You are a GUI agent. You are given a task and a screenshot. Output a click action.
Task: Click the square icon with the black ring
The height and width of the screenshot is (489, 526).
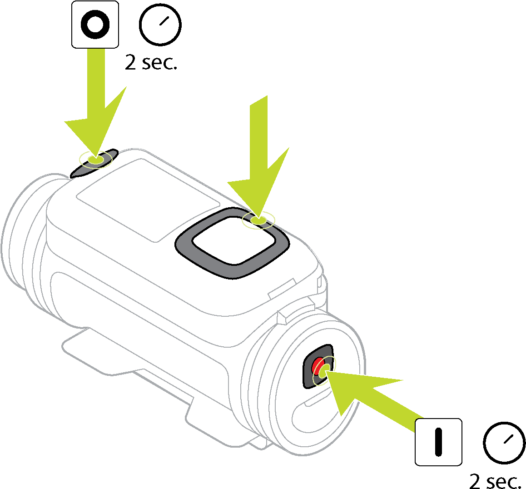click(x=95, y=25)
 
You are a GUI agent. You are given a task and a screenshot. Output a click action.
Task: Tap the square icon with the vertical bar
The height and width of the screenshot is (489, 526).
click(x=438, y=442)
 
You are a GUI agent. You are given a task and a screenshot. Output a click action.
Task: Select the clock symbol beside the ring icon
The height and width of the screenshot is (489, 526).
click(x=160, y=25)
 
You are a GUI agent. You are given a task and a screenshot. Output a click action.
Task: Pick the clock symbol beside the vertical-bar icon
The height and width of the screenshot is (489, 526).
click(x=504, y=443)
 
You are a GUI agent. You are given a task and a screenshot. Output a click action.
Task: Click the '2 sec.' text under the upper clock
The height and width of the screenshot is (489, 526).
click(x=151, y=62)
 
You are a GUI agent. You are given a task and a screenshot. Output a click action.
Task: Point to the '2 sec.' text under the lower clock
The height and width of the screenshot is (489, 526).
click(x=495, y=481)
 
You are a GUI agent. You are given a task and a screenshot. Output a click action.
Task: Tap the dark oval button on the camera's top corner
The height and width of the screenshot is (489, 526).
click(x=94, y=164)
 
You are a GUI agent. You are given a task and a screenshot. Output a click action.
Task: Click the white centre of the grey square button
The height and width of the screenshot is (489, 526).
click(x=234, y=241)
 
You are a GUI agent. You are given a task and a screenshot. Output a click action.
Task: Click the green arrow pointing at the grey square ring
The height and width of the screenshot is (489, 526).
click(x=258, y=158)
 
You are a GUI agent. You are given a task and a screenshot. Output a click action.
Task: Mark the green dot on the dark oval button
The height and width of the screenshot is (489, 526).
click(x=95, y=159)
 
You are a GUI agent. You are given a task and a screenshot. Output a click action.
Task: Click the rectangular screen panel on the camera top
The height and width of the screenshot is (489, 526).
click(x=148, y=200)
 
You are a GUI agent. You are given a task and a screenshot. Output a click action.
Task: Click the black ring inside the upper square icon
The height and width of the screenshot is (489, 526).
click(x=95, y=25)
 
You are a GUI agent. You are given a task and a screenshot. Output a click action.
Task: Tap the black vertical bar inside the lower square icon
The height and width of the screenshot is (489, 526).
click(x=438, y=442)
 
